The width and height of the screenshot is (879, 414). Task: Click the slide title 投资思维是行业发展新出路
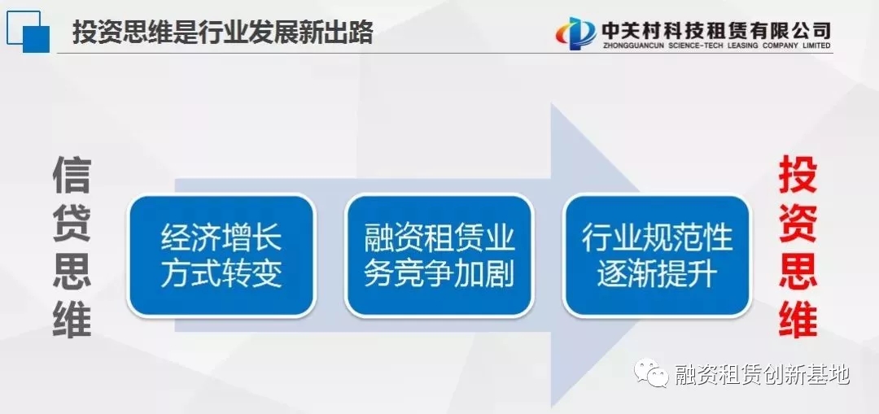[x=222, y=33]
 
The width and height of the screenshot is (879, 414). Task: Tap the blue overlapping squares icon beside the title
[x=28, y=32]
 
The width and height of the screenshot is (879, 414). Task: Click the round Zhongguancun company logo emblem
[x=575, y=33]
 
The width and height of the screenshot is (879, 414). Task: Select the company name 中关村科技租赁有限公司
[x=716, y=30]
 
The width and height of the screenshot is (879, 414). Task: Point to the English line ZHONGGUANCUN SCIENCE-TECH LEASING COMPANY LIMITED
[x=716, y=46]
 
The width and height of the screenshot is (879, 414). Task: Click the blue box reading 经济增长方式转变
[x=221, y=255]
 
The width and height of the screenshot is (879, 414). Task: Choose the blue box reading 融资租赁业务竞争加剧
[x=439, y=255]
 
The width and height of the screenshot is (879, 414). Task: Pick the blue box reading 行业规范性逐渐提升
[x=657, y=255]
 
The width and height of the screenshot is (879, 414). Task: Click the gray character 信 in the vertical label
[x=72, y=176]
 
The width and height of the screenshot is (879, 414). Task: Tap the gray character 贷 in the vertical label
[x=72, y=223]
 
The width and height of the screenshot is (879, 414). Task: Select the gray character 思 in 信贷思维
[x=72, y=271]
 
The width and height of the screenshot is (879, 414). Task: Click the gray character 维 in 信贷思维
[x=72, y=318]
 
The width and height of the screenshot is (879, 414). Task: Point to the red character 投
[x=798, y=176]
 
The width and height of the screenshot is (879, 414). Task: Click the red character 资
[x=798, y=223]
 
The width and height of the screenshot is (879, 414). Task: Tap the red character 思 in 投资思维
[x=798, y=271]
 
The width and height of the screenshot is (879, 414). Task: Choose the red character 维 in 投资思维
[x=798, y=318]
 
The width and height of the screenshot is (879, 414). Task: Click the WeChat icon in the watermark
[x=651, y=373]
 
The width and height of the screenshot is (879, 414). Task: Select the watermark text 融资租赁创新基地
[x=762, y=373]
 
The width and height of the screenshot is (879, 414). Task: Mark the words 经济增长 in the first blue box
[x=221, y=238]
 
